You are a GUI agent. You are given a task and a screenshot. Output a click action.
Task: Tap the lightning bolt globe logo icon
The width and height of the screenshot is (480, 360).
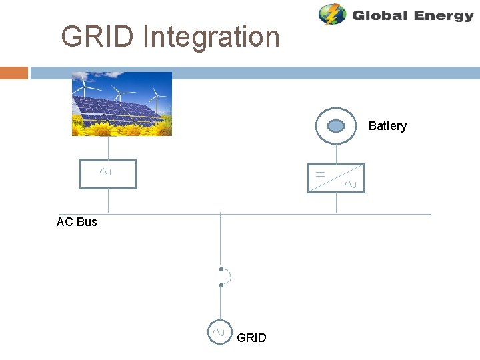coord(332,15)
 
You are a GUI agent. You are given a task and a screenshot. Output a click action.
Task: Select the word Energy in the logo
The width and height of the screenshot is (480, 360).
coord(443,15)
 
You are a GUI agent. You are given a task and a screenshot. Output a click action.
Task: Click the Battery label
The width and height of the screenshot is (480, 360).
coord(387,126)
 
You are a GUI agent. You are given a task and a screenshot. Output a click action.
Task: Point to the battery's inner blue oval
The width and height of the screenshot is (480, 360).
coord(336,125)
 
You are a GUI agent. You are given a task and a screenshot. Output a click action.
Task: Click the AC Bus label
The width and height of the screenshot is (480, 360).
coord(77,222)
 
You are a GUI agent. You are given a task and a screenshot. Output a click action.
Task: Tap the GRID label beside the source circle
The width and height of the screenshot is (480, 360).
coord(251,338)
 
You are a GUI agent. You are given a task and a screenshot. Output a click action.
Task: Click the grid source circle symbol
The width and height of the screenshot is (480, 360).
coord(219,331)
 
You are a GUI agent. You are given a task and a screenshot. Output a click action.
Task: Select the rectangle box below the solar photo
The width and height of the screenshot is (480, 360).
coord(108,175)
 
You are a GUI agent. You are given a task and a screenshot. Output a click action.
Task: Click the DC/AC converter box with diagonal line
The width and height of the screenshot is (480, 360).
coord(336,177)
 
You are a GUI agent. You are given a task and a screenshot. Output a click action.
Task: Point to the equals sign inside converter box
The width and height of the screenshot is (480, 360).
coord(321,173)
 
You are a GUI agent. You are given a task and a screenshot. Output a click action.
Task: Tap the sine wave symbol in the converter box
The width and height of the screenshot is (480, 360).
coord(351,184)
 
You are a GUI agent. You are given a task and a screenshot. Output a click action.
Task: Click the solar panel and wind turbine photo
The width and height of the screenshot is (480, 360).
coord(122,103)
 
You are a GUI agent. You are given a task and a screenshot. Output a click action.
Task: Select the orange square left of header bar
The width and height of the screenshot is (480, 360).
coord(14,73)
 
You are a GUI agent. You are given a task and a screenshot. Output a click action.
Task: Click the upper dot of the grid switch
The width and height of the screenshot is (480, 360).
coord(221,269)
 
